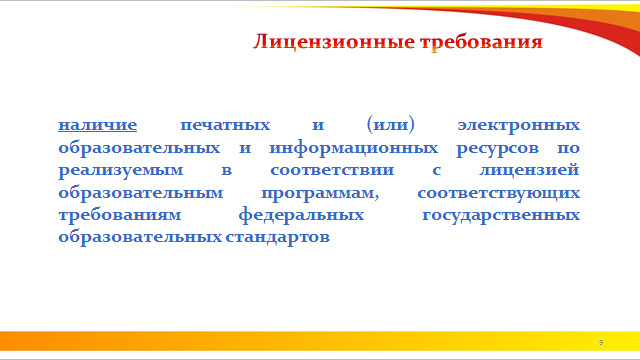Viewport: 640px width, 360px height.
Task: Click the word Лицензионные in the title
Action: coord(333,42)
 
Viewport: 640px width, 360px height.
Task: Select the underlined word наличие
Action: coord(98,125)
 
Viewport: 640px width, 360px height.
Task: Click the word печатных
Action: coord(225,125)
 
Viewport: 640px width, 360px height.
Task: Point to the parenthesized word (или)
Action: coord(391,124)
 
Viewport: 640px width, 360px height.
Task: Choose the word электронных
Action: coord(519,125)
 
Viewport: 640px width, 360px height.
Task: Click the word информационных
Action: coord(353,148)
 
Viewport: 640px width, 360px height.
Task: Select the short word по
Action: coord(569,148)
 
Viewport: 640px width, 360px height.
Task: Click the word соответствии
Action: coord(332,170)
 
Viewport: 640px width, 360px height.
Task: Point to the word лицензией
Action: coord(529,170)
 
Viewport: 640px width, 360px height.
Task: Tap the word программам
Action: coord(320,193)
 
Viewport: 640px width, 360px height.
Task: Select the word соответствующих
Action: coord(498,193)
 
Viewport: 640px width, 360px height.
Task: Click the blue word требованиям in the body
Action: coord(120,215)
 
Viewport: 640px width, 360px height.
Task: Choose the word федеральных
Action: coord(301,215)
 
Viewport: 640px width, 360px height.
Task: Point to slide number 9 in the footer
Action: coord(601,342)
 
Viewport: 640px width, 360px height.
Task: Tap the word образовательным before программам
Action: coord(141,193)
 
